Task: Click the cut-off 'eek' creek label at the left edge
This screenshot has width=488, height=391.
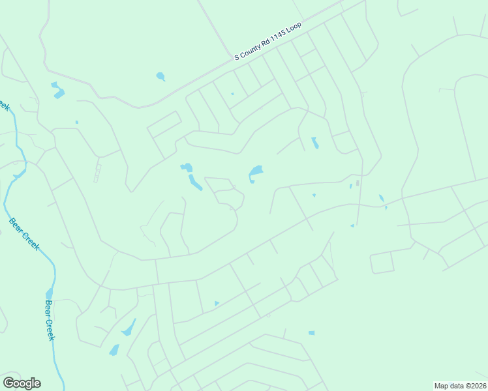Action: click(x=5, y=104)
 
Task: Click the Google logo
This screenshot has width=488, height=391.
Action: click(x=22, y=383)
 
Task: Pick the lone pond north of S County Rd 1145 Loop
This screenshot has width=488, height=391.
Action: click(x=160, y=76)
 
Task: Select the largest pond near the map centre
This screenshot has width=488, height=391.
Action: click(x=255, y=171)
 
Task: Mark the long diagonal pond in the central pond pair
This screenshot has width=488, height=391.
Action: click(x=195, y=182)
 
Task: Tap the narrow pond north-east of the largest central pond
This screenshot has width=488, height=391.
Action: click(x=315, y=143)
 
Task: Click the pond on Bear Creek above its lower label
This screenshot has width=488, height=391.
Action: click(x=49, y=295)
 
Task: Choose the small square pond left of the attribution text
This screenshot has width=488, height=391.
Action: click(x=311, y=333)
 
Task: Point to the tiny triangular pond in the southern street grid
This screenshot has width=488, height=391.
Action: click(x=217, y=303)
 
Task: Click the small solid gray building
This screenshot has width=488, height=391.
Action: click(x=357, y=183)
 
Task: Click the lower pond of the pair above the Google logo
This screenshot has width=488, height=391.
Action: click(x=114, y=350)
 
